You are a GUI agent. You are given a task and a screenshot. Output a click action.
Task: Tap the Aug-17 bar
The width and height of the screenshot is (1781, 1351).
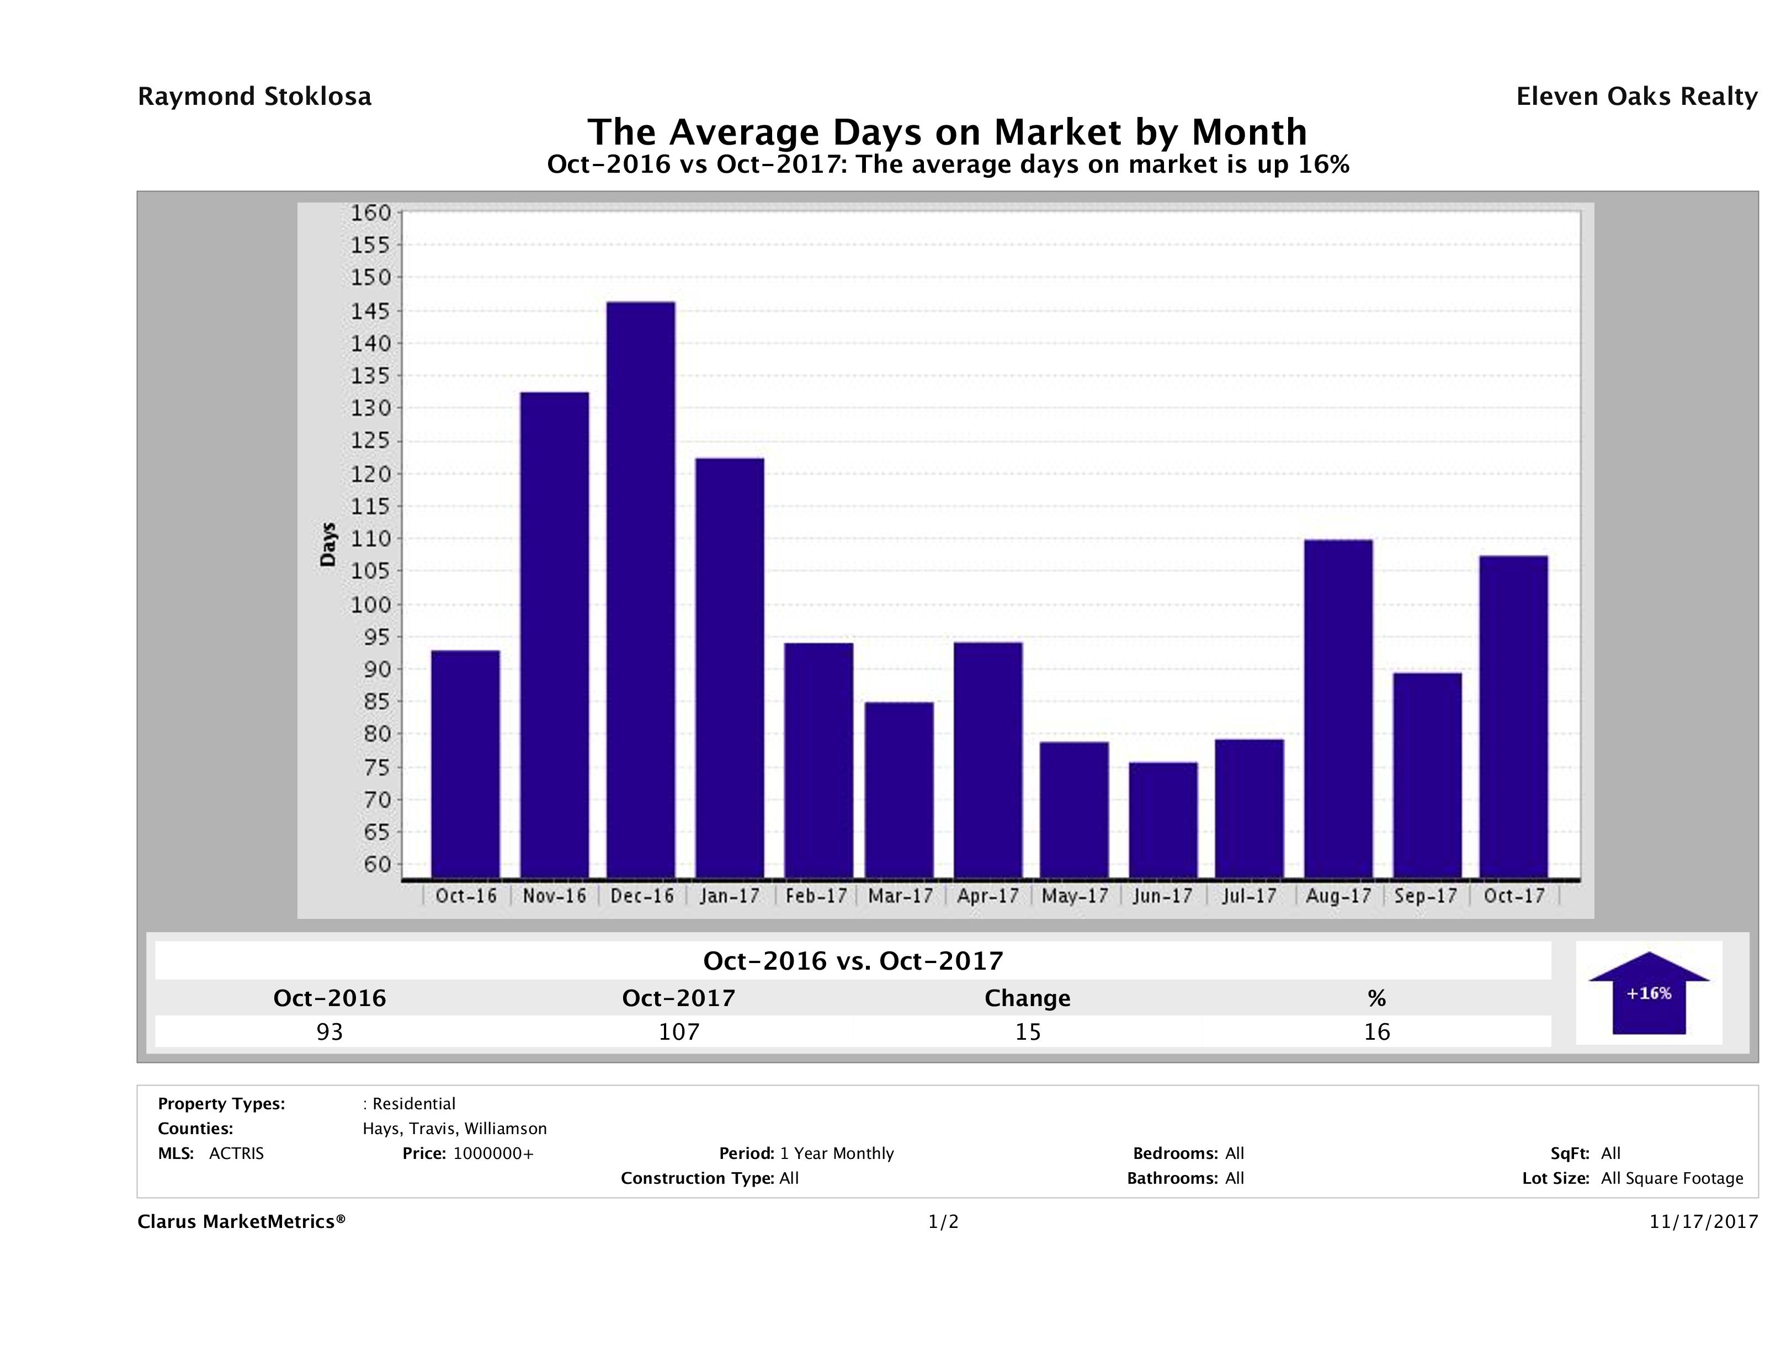pos(1338,709)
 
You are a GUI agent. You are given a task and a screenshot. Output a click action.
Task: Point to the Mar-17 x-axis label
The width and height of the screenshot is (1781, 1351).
pos(900,896)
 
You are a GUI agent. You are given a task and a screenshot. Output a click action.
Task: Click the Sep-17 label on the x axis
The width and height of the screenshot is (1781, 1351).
pos(1425,896)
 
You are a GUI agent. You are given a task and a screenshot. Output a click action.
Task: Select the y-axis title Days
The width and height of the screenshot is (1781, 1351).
pos(328,545)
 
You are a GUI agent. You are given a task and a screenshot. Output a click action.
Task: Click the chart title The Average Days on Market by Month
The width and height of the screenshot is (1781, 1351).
pos(947,131)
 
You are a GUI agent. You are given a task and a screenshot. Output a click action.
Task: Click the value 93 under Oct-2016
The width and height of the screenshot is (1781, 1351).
pos(329,1031)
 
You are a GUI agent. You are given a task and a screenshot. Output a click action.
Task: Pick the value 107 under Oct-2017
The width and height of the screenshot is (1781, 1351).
pos(679,1031)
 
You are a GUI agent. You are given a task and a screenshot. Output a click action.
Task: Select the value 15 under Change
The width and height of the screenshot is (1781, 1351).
pos(1028,1031)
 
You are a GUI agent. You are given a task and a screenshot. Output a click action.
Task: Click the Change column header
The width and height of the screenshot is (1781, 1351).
pos(1028,998)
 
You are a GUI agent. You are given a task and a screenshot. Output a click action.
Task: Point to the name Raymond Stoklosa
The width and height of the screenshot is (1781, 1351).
pos(254,97)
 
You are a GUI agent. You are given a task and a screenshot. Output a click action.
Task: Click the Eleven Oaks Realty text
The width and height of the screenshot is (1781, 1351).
pos(1636,97)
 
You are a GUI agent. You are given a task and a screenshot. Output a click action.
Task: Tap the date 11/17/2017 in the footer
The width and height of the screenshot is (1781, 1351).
pos(1703,1222)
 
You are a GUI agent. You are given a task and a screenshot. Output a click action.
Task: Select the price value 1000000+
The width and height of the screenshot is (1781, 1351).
pos(493,1154)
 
